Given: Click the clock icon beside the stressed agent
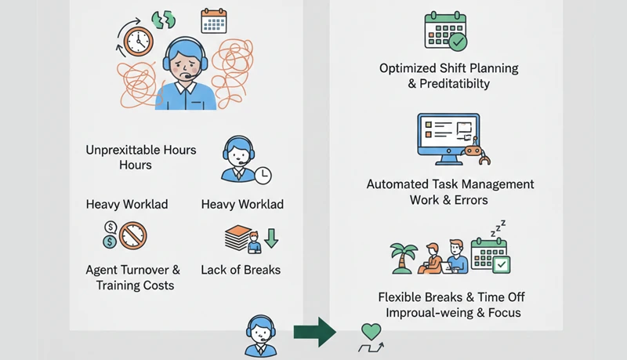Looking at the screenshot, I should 138,38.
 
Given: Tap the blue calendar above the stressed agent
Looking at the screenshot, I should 213,21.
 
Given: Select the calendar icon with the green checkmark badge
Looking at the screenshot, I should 444,31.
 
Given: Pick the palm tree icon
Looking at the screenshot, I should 404,254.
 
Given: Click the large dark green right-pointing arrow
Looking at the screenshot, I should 314,333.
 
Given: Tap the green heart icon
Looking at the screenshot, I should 371,331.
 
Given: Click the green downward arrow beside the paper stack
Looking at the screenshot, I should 271,236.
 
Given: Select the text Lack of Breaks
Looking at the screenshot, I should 241,270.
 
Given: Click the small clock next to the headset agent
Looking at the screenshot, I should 263,173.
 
